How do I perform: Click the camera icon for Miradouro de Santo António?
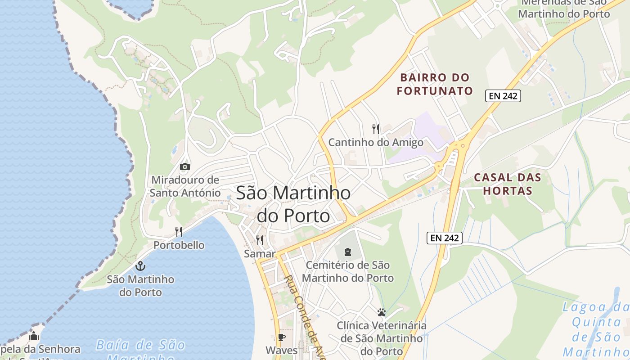[184, 167]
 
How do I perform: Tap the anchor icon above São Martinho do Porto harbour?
[140, 266]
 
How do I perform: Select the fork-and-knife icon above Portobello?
[179, 232]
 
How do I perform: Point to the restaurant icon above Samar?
[260, 240]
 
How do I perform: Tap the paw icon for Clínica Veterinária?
[382, 312]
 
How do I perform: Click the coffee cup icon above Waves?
[282, 337]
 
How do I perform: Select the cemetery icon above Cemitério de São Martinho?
[348, 252]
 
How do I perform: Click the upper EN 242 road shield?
[503, 96]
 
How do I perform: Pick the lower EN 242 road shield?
[445, 238]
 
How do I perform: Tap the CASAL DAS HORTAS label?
[507, 184]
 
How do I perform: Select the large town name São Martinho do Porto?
[293, 204]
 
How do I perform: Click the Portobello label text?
[179, 245]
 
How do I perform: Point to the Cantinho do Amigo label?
[376, 143]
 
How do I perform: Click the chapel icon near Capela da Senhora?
[34, 336]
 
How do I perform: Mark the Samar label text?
[259, 254]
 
